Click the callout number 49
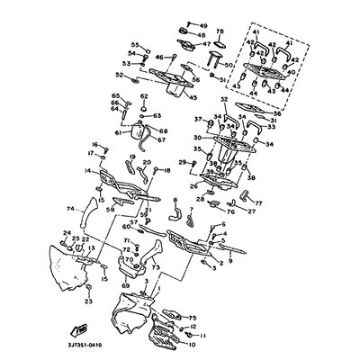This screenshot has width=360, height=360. (203, 26)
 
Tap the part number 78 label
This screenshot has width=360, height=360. (220, 31)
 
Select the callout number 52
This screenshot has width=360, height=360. (120, 76)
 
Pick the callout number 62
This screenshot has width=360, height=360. (117, 106)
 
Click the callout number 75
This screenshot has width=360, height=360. (191, 318)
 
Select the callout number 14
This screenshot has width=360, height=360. (87, 168)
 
